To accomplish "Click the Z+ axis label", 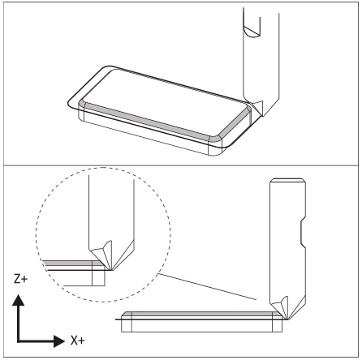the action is [20, 279].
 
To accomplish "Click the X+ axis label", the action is [78, 341].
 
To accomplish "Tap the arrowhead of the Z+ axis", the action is [18, 300].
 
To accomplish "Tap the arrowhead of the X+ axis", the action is [59, 341].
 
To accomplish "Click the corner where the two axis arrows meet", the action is [18, 341].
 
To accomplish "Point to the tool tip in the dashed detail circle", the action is [111, 270].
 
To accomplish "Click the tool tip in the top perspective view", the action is [262, 116].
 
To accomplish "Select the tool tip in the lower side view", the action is [288, 319].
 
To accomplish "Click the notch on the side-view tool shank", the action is [304, 232].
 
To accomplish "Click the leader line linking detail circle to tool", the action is [207, 287].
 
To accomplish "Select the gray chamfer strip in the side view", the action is [202, 314].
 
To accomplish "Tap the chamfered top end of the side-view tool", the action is [287, 180].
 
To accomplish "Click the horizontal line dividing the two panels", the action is [181, 165].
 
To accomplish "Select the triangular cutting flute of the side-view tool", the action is [281, 306].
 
